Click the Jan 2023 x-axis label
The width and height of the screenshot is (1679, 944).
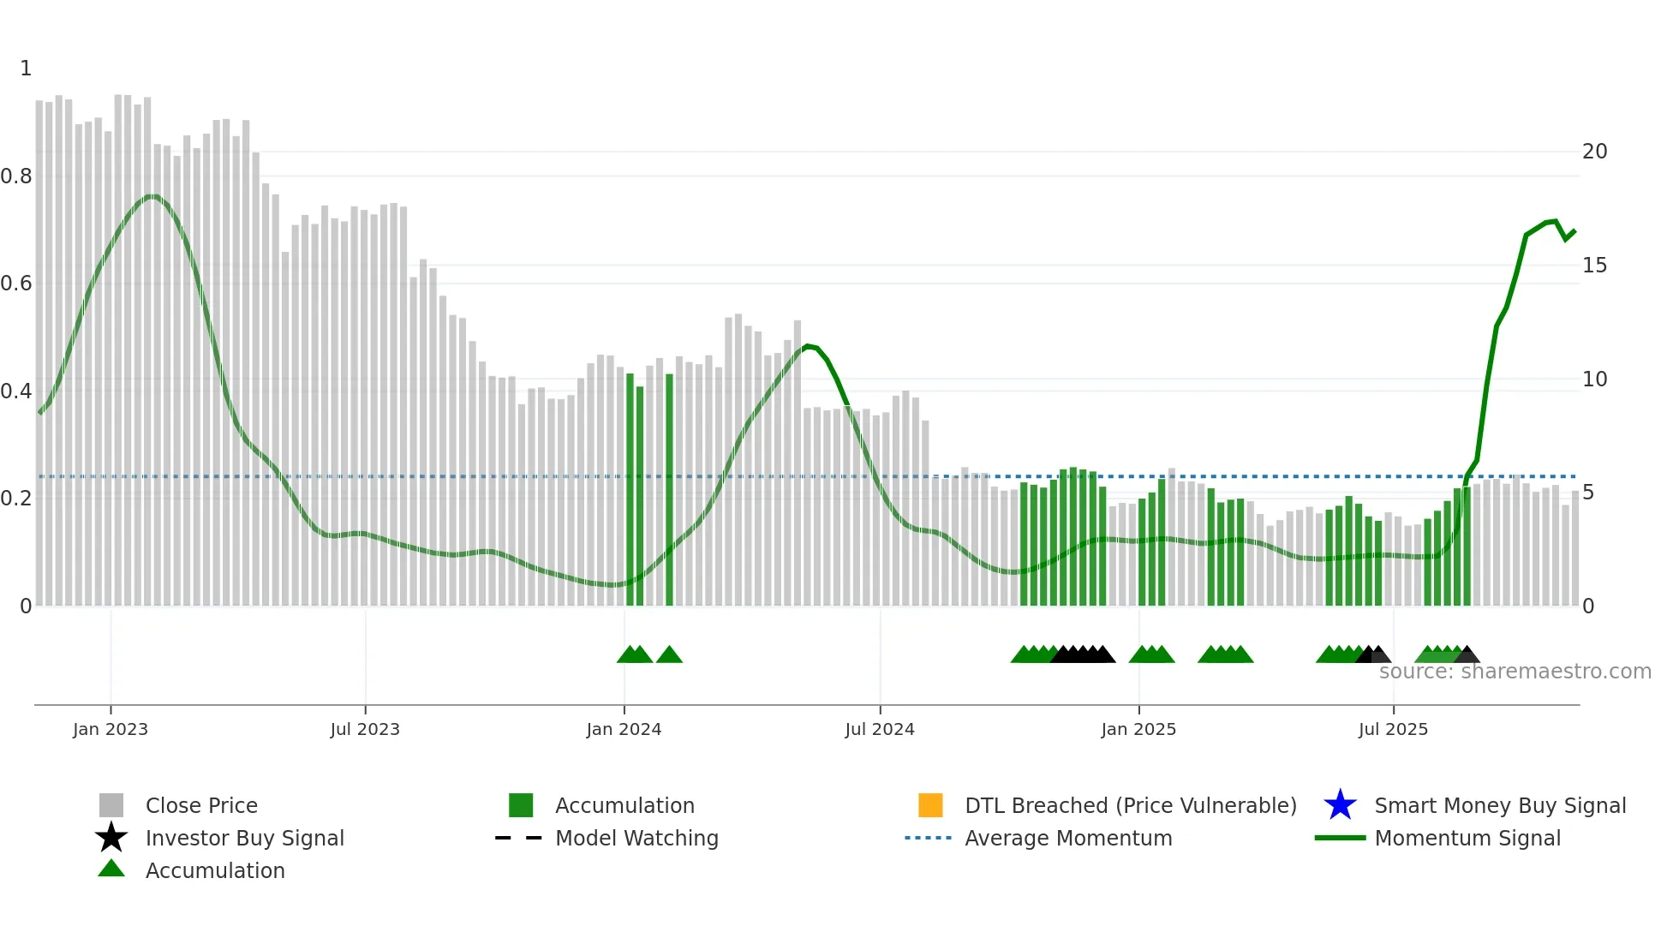(x=110, y=729)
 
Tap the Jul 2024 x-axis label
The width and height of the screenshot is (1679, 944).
(x=879, y=729)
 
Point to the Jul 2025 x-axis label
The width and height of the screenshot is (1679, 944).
(x=1393, y=729)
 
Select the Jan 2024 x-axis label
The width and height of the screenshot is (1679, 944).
(x=624, y=729)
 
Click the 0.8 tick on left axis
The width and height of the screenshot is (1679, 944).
(x=16, y=176)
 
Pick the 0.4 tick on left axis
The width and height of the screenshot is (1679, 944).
(x=16, y=391)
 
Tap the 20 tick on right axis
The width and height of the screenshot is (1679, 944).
(x=1594, y=152)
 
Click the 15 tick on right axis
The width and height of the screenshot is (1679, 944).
(x=1594, y=266)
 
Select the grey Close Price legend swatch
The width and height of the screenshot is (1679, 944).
(x=111, y=805)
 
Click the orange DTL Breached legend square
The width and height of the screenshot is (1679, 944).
(x=930, y=805)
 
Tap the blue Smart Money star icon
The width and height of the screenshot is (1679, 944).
(x=1340, y=805)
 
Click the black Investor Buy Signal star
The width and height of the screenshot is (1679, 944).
(x=111, y=838)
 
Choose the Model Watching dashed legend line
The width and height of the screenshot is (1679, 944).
(x=519, y=838)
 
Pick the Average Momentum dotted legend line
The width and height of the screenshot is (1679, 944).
(x=929, y=838)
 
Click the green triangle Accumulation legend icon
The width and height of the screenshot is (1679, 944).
(x=111, y=869)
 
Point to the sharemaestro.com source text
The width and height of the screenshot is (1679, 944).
(x=1515, y=672)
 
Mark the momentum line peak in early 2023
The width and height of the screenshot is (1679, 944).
(x=152, y=196)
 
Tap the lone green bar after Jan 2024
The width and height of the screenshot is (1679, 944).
(x=669, y=488)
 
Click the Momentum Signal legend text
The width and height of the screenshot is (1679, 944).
(x=1467, y=838)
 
